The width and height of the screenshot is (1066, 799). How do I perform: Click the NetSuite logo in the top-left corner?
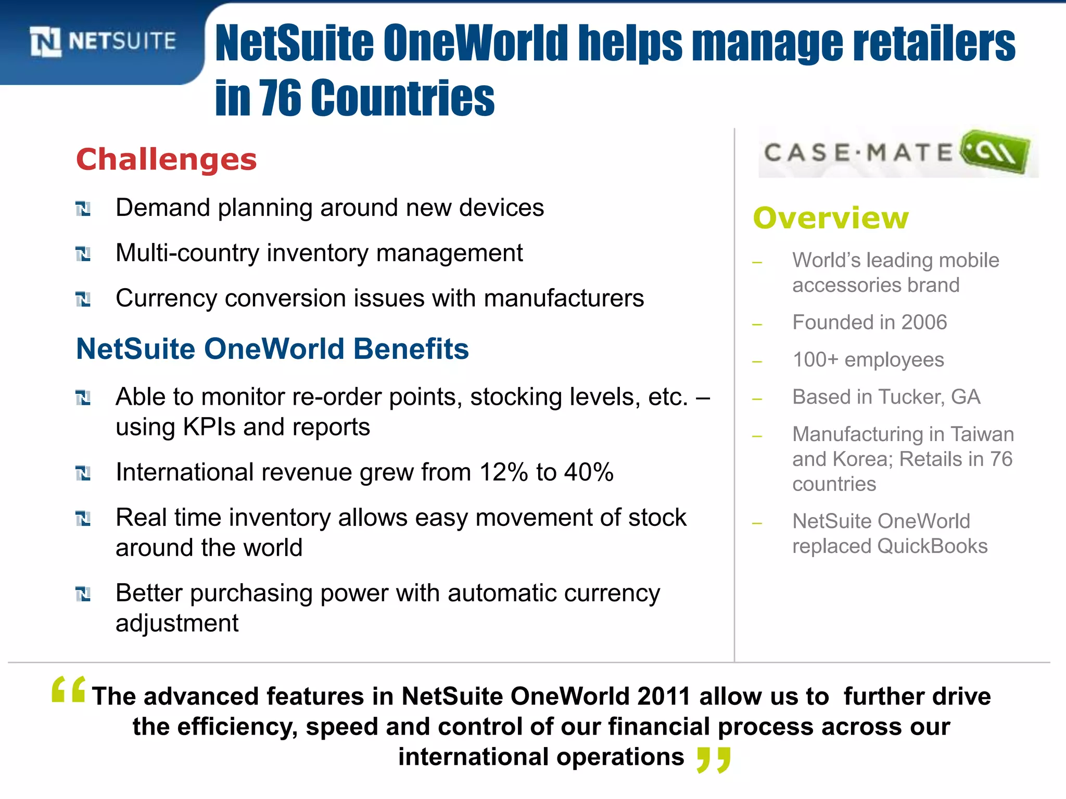click(x=103, y=42)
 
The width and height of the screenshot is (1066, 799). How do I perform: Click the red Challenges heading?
click(x=166, y=159)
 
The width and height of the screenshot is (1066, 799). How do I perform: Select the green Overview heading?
click(x=831, y=218)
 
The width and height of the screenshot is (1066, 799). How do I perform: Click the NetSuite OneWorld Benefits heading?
click(x=272, y=349)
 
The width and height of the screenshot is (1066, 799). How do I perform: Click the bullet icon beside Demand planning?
click(x=83, y=209)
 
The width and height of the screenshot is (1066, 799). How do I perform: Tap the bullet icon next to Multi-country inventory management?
click(x=83, y=254)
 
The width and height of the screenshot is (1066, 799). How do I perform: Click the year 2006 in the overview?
click(x=924, y=323)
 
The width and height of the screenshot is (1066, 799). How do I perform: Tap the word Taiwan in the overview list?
click(x=982, y=434)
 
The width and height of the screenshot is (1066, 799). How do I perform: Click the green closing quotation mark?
click(x=714, y=759)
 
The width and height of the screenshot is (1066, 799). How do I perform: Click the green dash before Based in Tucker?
click(x=757, y=399)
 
